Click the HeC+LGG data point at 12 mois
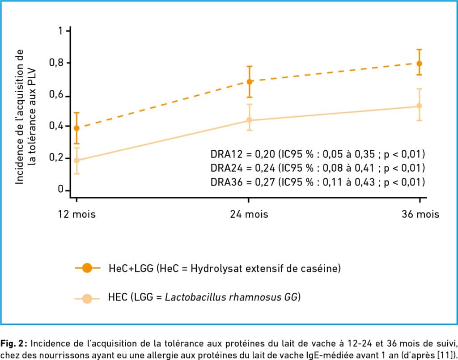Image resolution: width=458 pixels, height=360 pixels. click(x=76, y=128)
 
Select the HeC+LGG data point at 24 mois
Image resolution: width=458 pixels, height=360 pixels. click(x=250, y=82)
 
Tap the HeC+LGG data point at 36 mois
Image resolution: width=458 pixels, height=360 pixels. click(x=420, y=64)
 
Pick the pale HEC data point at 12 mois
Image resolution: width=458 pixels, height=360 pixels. click(x=76, y=161)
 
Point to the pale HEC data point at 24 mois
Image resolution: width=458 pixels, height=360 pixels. click(x=250, y=120)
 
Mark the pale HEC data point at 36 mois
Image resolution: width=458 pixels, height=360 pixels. click(x=420, y=106)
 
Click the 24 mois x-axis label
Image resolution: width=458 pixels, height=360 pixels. click(x=249, y=214)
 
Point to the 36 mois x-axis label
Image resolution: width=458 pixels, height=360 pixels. click(x=420, y=214)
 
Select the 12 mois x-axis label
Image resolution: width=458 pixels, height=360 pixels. click(x=76, y=214)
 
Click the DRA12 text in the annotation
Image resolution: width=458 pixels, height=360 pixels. click(x=225, y=154)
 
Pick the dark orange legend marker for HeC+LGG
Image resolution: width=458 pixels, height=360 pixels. click(x=87, y=268)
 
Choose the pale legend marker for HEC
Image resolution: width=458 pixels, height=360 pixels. click(x=87, y=298)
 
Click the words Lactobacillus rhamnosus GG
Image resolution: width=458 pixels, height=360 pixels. click(x=231, y=297)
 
